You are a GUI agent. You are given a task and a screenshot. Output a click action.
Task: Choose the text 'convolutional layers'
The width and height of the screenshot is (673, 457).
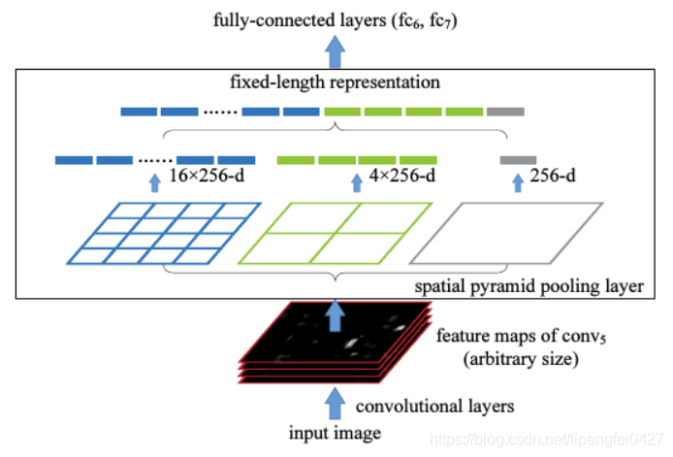pos(421,405)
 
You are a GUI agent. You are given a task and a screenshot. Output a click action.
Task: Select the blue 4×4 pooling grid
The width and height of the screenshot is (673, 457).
pos(164,232)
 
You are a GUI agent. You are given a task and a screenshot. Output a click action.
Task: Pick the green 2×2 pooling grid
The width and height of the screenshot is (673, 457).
pos(335,232)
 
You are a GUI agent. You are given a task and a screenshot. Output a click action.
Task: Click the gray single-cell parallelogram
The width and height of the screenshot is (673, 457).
pos(505,232)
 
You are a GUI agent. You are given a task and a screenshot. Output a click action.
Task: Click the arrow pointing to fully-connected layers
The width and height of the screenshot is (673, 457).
pos(336,48)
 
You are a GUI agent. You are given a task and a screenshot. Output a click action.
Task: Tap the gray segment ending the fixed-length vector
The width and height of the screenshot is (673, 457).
pos(505,111)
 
